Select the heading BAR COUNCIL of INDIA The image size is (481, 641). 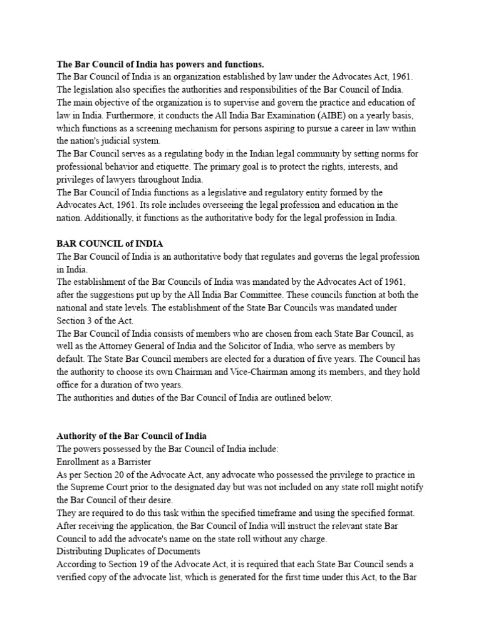click(110, 244)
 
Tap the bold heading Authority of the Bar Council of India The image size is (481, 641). click(132, 435)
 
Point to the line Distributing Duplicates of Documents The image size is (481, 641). click(128, 551)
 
